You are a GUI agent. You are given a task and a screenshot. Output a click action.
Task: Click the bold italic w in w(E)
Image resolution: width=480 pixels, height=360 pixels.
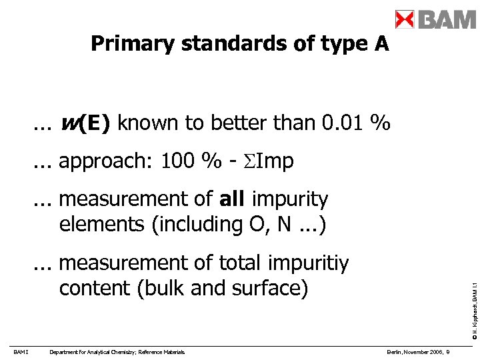click(68, 123)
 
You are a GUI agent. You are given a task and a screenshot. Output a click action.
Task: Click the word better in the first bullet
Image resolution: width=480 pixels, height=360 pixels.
click(239, 123)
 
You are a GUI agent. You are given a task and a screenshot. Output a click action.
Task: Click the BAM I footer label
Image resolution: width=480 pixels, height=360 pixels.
click(19, 352)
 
